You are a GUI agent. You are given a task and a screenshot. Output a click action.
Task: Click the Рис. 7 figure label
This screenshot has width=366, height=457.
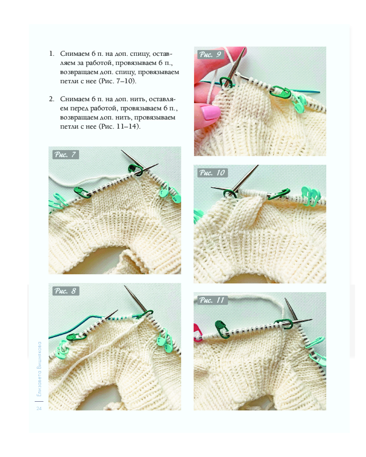coord(66,154)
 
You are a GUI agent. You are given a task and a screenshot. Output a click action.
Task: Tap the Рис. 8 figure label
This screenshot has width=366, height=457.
coord(66,291)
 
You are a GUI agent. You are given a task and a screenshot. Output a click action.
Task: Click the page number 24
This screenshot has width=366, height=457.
coord(39,409)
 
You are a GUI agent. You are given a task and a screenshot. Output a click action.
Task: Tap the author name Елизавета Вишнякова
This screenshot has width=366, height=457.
coord(39,369)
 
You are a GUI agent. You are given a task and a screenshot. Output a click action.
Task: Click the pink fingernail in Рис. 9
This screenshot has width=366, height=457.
coord(210,112)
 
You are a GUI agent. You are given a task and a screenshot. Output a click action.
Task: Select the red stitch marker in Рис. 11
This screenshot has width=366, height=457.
coord(198,332)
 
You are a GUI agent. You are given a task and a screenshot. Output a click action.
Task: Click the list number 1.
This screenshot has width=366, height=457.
coord(52,53)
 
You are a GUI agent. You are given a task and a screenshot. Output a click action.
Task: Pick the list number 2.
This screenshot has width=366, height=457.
coord(52,99)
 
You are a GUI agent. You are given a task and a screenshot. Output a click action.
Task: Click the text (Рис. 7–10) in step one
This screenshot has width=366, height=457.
coord(117,81)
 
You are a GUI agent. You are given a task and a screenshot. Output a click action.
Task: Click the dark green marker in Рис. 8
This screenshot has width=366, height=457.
coord(76,337)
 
